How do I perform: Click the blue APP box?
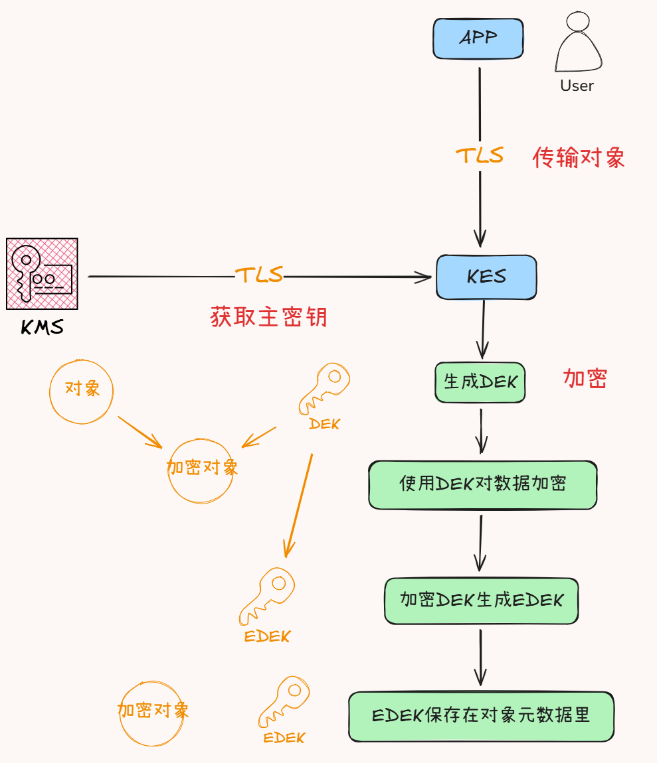pyautogui.click(x=478, y=38)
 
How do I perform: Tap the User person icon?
pyautogui.click(x=578, y=44)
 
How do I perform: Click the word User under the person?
pyautogui.click(x=577, y=86)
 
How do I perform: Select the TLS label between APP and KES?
pyautogui.click(x=479, y=155)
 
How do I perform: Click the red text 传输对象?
pyautogui.click(x=579, y=158)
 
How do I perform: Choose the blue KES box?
pyautogui.click(x=486, y=277)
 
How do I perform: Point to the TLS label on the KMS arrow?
pyautogui.click(x=259, y=275)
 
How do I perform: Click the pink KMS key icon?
pyautogui.click(x=42, y=273)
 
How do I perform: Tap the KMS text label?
pyautogui.click(x=43, y=326)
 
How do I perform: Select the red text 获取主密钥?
pyautogui.click(x=268, y=317)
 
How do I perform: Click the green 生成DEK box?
pyautogui.click(x=480, y=382)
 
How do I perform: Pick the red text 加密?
pyautogui.click(x=585, y=378)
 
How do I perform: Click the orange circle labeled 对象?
pyautogui.click(x=82, y=390)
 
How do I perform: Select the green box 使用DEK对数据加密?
pyautogui.click(x=482, y=484)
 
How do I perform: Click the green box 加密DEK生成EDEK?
pyautogui.click(x=481, y=600)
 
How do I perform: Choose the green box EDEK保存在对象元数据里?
pyautogui.click(x=481, y=716)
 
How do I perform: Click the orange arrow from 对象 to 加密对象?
pyautogui.click(x=140, y=431)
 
